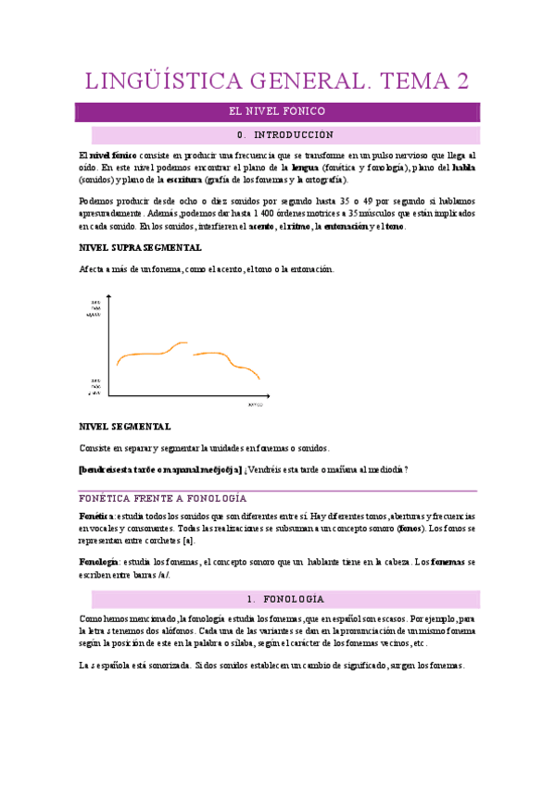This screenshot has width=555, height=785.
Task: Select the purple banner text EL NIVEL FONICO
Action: click(277, 111)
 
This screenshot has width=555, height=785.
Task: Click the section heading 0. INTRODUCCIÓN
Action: click(279, 135)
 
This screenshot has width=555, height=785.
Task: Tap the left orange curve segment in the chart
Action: click(148, 352)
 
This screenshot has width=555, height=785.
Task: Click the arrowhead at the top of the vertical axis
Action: click(109, 297)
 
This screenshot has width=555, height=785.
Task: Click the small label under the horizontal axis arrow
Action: click(255, 406)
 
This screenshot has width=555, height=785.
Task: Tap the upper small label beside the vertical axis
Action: click(95, 308)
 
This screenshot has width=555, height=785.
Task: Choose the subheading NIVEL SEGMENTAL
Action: click(125, 427)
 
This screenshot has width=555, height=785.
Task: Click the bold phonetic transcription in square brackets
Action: click(159, 469)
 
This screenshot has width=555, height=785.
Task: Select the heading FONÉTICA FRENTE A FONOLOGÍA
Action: click(162, 498)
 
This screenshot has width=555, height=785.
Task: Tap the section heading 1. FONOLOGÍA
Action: click(279, 599)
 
